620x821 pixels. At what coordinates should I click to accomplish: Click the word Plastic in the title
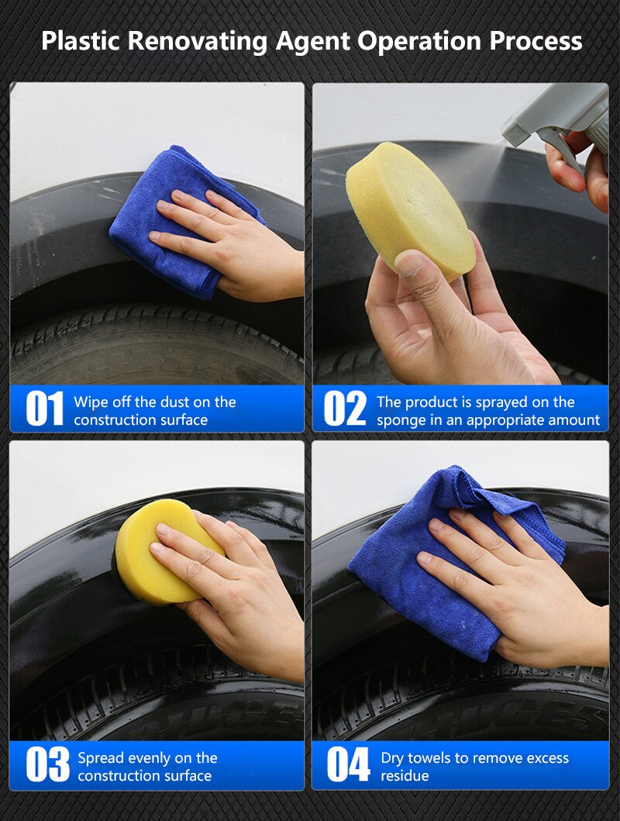click(81, 40)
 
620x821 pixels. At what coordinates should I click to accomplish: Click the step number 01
click(44, 409)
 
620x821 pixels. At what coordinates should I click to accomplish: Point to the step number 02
click(345, 409)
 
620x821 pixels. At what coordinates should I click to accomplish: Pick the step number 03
click(47, 765)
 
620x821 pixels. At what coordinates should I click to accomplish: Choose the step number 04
click(348, 765)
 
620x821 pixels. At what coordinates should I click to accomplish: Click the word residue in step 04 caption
click(405, 775)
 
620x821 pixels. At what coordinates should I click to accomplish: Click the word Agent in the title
click(321, 40)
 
